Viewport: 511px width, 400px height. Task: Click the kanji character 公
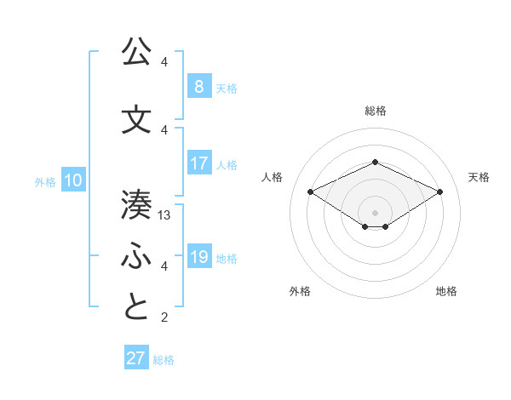[136, 53]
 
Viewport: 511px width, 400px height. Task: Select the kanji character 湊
[136, 204]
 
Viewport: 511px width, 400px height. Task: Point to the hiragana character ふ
[136, 256]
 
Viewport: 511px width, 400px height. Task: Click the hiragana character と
[136, 307]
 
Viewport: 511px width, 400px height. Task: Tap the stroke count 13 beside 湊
[165, 215]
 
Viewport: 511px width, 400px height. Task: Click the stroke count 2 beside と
[164, 317]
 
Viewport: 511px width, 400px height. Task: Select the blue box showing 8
[198, 86]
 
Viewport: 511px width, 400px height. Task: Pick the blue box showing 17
[198, 163]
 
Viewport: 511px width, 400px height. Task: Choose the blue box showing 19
[198, 257]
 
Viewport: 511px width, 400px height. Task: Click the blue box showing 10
[72, 180]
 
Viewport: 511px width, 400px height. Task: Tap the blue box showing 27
[136, 358]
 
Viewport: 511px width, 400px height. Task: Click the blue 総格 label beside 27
[164, 360]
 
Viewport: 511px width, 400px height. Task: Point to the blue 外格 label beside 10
[45, 181]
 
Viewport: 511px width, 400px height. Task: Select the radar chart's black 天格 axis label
[479, 177]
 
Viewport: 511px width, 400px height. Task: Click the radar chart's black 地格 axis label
[446, 292]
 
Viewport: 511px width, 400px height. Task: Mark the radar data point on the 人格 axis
[310, 191]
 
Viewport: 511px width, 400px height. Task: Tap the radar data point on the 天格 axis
[439, 191]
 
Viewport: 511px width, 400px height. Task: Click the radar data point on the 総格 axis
[375, 162]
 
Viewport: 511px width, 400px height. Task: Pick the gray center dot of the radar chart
[375, 212]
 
